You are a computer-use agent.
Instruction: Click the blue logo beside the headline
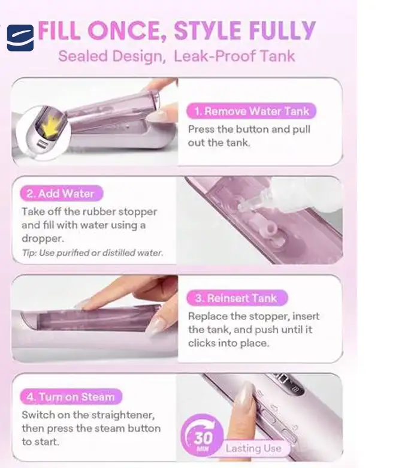20,38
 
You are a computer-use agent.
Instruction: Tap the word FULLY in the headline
282,31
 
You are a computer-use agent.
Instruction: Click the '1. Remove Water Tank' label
251,111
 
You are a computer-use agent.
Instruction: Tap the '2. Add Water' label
61,194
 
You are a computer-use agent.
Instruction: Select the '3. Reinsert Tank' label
237,298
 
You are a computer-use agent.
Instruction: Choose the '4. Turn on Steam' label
71,397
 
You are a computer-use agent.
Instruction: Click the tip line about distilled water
92,253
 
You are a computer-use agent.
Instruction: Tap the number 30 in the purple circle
204,437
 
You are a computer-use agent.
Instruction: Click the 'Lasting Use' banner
253,448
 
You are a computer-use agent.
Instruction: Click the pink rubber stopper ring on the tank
271,228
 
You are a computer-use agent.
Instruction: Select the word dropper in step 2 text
43,238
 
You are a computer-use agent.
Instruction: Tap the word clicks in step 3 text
202,343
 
